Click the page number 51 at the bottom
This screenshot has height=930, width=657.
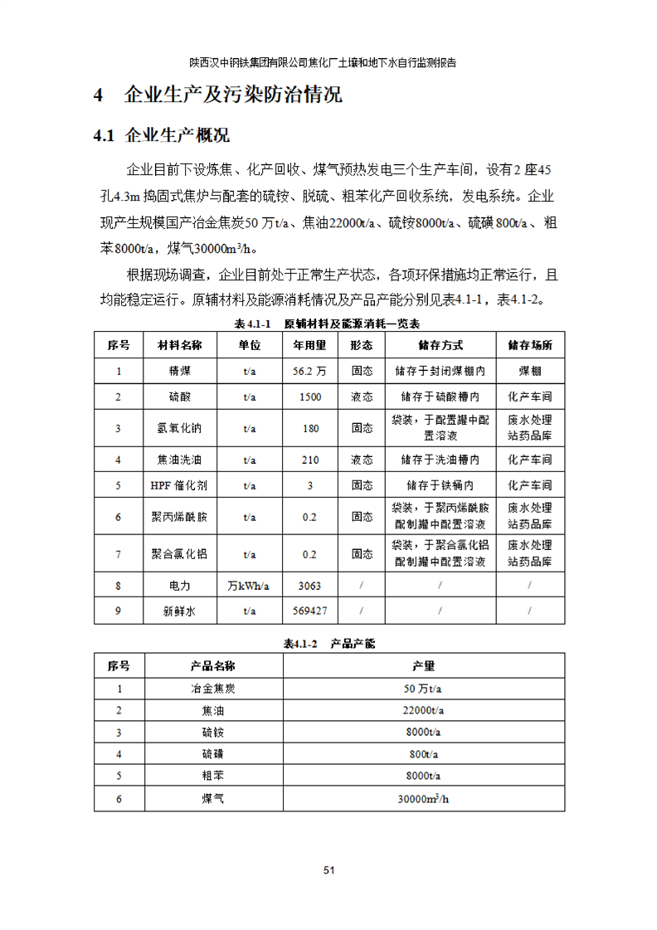(328, 870)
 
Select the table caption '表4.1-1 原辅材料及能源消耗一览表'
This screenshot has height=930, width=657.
(328, 323)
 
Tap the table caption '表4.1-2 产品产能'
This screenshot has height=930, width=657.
(328, 644)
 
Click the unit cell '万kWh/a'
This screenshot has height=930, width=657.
(249, 586)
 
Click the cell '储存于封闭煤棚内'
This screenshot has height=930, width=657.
(440, 372)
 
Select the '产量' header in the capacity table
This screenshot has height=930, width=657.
(424, 666)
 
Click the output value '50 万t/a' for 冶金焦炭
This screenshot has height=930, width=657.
(424, 689)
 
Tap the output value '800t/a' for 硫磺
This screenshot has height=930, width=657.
(424, 755)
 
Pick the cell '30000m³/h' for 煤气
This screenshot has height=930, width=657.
(424, 799)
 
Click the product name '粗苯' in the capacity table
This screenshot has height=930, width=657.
(212, 777)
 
